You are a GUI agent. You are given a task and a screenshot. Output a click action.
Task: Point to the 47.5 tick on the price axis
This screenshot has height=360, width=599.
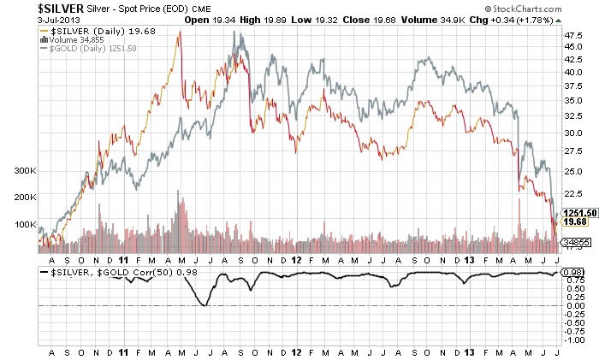coord(572,36)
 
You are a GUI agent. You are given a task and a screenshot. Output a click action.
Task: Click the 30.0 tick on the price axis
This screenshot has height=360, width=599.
coord(572,133)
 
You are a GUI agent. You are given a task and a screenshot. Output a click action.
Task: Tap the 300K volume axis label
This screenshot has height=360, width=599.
coord(27,170)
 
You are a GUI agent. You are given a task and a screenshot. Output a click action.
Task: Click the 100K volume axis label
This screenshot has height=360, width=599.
coord(27,224)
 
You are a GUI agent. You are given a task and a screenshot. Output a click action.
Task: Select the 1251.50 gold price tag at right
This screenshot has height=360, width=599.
coord(574,212)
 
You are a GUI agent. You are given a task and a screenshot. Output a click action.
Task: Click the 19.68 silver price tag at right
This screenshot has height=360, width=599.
coord(571,222)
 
